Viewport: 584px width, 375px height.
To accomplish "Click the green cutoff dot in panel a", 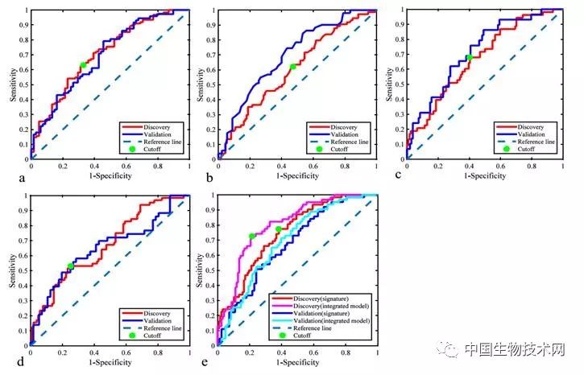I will tap(83, 66).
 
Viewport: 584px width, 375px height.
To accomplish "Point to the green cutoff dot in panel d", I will tap(70, 266).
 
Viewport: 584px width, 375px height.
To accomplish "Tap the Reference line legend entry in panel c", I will tap(533, 142).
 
